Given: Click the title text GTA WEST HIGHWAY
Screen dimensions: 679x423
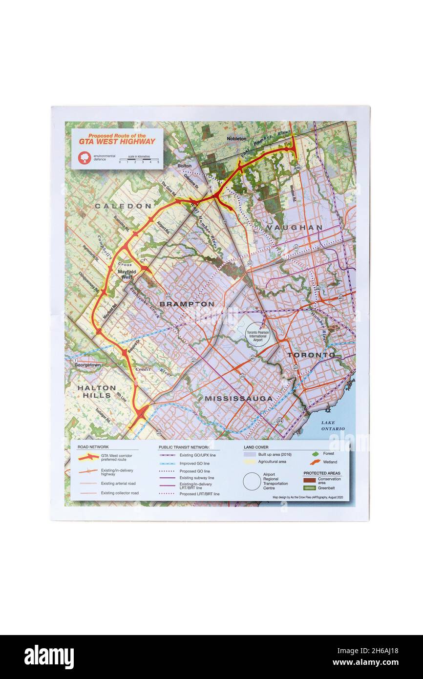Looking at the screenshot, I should tap(117, 142).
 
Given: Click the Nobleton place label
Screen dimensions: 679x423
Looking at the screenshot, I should tap(236, 139).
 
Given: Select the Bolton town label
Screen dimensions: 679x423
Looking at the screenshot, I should tap(184, 166).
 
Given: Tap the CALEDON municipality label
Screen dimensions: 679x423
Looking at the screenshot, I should tap(123, 206).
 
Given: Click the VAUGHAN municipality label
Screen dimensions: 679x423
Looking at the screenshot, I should tap(295, 228).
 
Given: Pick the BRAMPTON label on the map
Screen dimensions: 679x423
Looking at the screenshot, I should tap(187, 304).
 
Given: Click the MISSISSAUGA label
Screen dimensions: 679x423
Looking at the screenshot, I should tap(238, 399).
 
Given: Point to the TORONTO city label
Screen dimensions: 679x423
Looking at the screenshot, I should tap(311, 355).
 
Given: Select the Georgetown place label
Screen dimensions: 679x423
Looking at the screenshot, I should tap(87, 365).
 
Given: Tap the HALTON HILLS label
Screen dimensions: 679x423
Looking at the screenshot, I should tap(97, 391).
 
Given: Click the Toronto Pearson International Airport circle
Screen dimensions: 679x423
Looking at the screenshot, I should tap(257, 335).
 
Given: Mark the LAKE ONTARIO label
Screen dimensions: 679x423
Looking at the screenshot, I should tap(333, 425).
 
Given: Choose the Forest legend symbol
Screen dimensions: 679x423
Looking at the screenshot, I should tap(316, 454).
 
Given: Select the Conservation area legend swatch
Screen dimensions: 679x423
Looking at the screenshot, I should tap(310, 480).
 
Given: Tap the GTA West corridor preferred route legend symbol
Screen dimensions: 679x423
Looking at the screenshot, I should tap(88, 457).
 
